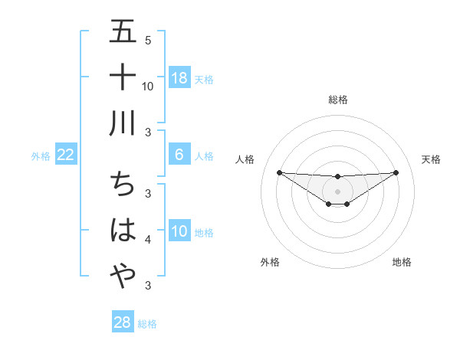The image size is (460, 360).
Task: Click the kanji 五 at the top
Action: [x=123, y=32]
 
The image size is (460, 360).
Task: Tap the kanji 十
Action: [x=123, y=77]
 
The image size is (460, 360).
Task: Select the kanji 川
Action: [x=123, y=122]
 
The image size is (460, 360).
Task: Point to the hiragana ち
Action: [x=123, y=185]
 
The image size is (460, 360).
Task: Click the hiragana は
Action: [x=123, y=230]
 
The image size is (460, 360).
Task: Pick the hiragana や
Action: [x=123, y=275]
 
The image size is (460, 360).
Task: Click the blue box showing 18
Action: [x=179, y=77]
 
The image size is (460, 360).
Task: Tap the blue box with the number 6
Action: [x=179, y=155]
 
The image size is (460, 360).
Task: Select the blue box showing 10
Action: [x=179, y=231]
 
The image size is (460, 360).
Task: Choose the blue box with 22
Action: [x=65, y=155]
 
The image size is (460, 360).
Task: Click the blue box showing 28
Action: [x=123, y=322]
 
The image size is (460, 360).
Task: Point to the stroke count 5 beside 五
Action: [x=148, y=41]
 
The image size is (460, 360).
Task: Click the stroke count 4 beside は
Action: [x=148, y=240]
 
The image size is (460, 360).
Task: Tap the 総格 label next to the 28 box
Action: [x=147, y=324]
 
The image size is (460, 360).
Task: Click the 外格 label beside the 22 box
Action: [x=41, y=156]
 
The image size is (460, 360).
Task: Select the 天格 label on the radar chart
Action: [x=431, y=159]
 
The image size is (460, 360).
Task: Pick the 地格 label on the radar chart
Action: [x=402, y=263]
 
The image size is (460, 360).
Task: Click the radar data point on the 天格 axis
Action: [x=396, y=172]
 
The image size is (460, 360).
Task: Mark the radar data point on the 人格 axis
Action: [x=279, y=172]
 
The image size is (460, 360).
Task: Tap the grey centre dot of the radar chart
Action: [x=337, y=191]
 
